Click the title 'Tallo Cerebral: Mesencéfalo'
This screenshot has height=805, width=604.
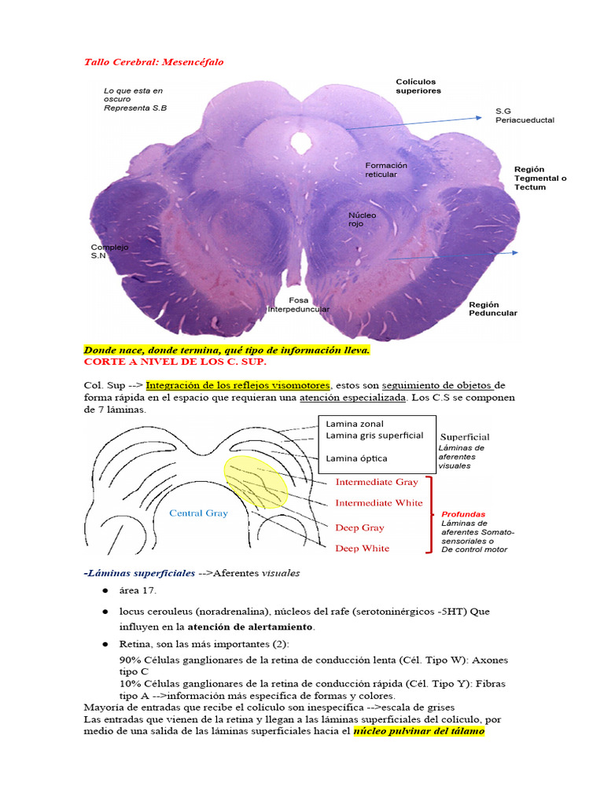coord(153,61)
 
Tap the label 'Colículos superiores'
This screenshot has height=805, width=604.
coord(418,86)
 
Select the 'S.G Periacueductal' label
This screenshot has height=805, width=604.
coord(525,116)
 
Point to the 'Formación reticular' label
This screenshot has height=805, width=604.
coord(386,170)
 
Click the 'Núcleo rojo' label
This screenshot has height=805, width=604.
coord(363,219)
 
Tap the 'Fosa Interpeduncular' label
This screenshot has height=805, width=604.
coord(298,304)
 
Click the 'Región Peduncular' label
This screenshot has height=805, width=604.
coord(492,308)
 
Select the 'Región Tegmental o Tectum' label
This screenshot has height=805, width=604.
coord(540,178)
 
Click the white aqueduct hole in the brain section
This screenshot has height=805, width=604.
coord(300,142)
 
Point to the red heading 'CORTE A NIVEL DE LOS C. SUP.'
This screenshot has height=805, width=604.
coord(175,362)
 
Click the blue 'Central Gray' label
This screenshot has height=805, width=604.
coord(199,513)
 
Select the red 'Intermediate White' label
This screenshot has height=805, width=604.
coord(378,502)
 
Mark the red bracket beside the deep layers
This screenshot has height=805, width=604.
coord(429,513)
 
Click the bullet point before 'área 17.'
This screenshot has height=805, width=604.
coord(105,590)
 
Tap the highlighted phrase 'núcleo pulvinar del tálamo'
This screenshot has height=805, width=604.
coord(418,732)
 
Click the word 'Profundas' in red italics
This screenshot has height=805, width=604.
coord(463,513)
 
